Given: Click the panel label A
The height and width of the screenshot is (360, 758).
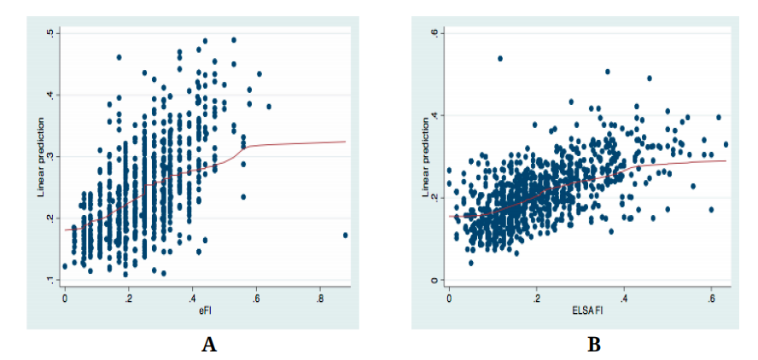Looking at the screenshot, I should (x=207, y=344).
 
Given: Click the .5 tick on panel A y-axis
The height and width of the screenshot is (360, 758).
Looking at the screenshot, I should (x=52, y=33).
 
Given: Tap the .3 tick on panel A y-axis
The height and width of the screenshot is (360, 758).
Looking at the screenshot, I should (x=52, y=157).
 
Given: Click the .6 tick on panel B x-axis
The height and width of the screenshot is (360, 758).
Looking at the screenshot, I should (x=711, y=299).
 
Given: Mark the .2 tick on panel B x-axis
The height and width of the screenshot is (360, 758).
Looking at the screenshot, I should (x=536, y=299).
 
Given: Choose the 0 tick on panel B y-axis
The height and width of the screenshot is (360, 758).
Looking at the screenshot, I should (x=436, y=281).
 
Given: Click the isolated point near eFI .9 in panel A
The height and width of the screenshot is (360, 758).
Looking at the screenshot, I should (x=345, y=235).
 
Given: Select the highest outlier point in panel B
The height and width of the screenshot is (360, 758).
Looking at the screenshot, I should (x=500, y=59).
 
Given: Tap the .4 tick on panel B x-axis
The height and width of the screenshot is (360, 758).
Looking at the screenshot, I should (x=624, y=299).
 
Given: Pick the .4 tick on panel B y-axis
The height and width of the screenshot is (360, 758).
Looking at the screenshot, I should (x=436, y=115).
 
